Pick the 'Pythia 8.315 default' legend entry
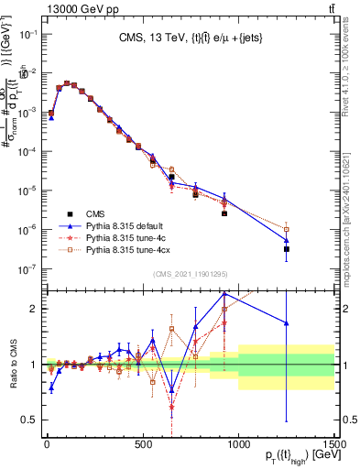click(128, 225)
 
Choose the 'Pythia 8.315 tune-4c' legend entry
click(128, 237)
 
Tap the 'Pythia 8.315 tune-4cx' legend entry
click(130, 249)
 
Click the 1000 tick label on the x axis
click(238, 444)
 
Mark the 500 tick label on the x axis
click(142, 444)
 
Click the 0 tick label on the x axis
click(46, 444)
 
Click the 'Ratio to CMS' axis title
click(11, 365)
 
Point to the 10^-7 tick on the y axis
click(27, 268)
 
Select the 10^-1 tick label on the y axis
click(27, 34)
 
